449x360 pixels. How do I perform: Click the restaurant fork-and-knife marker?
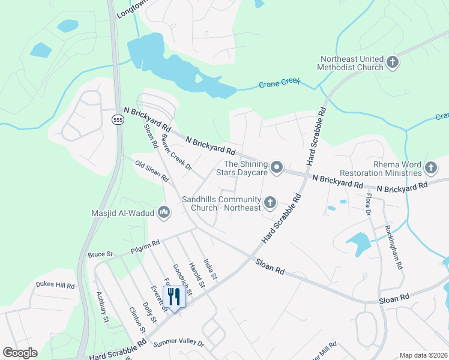pyautogui.click(x=174, y=296)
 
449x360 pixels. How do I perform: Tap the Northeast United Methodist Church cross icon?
pyautogui.click(x=393, y=62)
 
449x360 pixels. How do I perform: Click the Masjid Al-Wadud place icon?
pyautogui.click(x=164, y=212)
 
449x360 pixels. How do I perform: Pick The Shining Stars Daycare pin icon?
pyautogui.click(x=276, y=168)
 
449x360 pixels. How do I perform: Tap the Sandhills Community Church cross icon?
pyautogui.click(x=270, y=203)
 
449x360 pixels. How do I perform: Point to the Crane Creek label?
pyautogui.click(x=279, y=84)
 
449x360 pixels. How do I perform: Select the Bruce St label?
pyautogui.click(x=101, y=254)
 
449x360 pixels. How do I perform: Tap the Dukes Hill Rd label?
pyautogui.click(x=55, y=286)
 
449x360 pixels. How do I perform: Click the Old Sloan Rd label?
pyautogui.click(x=151, y=171)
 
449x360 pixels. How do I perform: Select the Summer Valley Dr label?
pyautogui.click(x=178, y=344)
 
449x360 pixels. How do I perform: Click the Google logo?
pyautogui.click(x=20, y=353)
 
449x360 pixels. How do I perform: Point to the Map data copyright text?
pyautogui.click(x=423, y=355)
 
